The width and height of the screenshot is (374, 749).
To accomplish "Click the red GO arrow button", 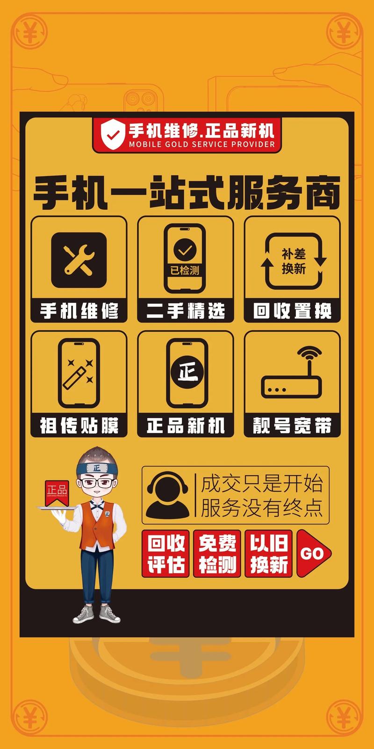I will (312, 553).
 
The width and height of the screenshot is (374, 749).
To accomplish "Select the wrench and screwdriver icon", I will (79, 260).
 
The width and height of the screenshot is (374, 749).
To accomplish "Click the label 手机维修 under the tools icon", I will (79, 311).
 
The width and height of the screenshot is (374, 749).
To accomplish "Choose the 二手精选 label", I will (186, 311).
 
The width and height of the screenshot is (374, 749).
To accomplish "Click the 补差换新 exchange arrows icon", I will (293, 261).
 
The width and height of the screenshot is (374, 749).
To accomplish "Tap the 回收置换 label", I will (292, 311).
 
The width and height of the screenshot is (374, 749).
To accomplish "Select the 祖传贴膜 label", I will (79, 426).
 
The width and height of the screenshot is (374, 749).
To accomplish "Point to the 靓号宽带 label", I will (292, 426).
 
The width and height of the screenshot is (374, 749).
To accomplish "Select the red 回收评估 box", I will (166, 554).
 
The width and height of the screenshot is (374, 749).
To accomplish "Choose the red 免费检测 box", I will (217, 554).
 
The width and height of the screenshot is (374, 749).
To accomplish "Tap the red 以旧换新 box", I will (269, 554).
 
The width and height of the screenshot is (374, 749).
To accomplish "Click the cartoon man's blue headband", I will (97, 467).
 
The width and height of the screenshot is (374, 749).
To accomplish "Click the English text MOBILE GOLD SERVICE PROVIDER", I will (202, 145).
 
